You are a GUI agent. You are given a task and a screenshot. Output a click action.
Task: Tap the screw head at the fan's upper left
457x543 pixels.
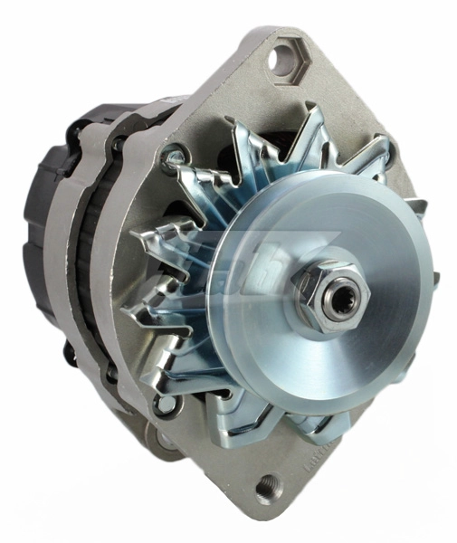pyautogui.click(x=168, y=161)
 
